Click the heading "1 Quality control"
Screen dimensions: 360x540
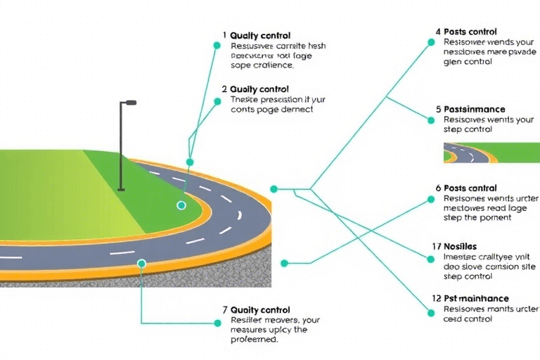tap(256, 35)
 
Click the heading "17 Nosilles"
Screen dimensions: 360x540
tap(455, 246)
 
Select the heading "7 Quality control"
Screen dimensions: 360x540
tap(256, 310)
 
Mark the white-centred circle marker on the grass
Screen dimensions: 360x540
tap(181, 205)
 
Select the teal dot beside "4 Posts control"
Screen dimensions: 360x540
tap(430, 41)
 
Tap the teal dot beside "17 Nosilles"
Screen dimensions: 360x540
tap(430, 258)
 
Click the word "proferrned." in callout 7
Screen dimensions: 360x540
tap(254, 340)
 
